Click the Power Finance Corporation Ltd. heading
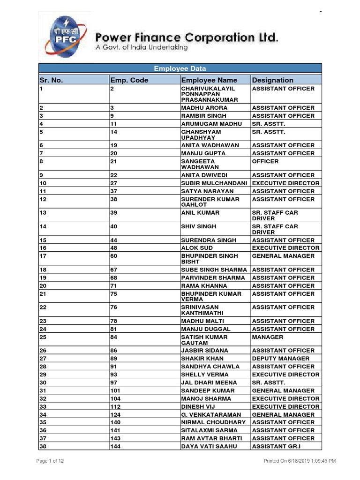pyautogui.click(x=187, y=37)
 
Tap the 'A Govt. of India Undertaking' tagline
pyautogui.click(x=142, y=47)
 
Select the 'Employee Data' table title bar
pyautogui.click(x=180, y=68)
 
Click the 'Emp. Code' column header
pyautogui.click(x=129, y=80)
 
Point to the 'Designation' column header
pyautogui.click(x=272, y=80)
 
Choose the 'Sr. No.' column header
pyautogui.click(x=51, y=80)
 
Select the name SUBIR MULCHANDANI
pyautogui.click(x=214, y=183)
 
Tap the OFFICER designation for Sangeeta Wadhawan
pyautogui.click(x=265, y=161)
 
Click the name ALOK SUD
pyautogui.click(x=197, y=248)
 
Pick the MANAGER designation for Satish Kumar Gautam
pyautogui.click(x=268, y=337)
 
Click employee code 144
pyautogui.click(x=115, y=447)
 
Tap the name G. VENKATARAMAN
pyautogui.click(x=211, y=415)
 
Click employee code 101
pyautogui.click(x=115, y=390)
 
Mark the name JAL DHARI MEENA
pyautogui.click(x=209, y=382)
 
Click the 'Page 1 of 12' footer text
pyautogui.click(x=50, y=461)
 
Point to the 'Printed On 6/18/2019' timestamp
pyautogui.click(x=300, y=461)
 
